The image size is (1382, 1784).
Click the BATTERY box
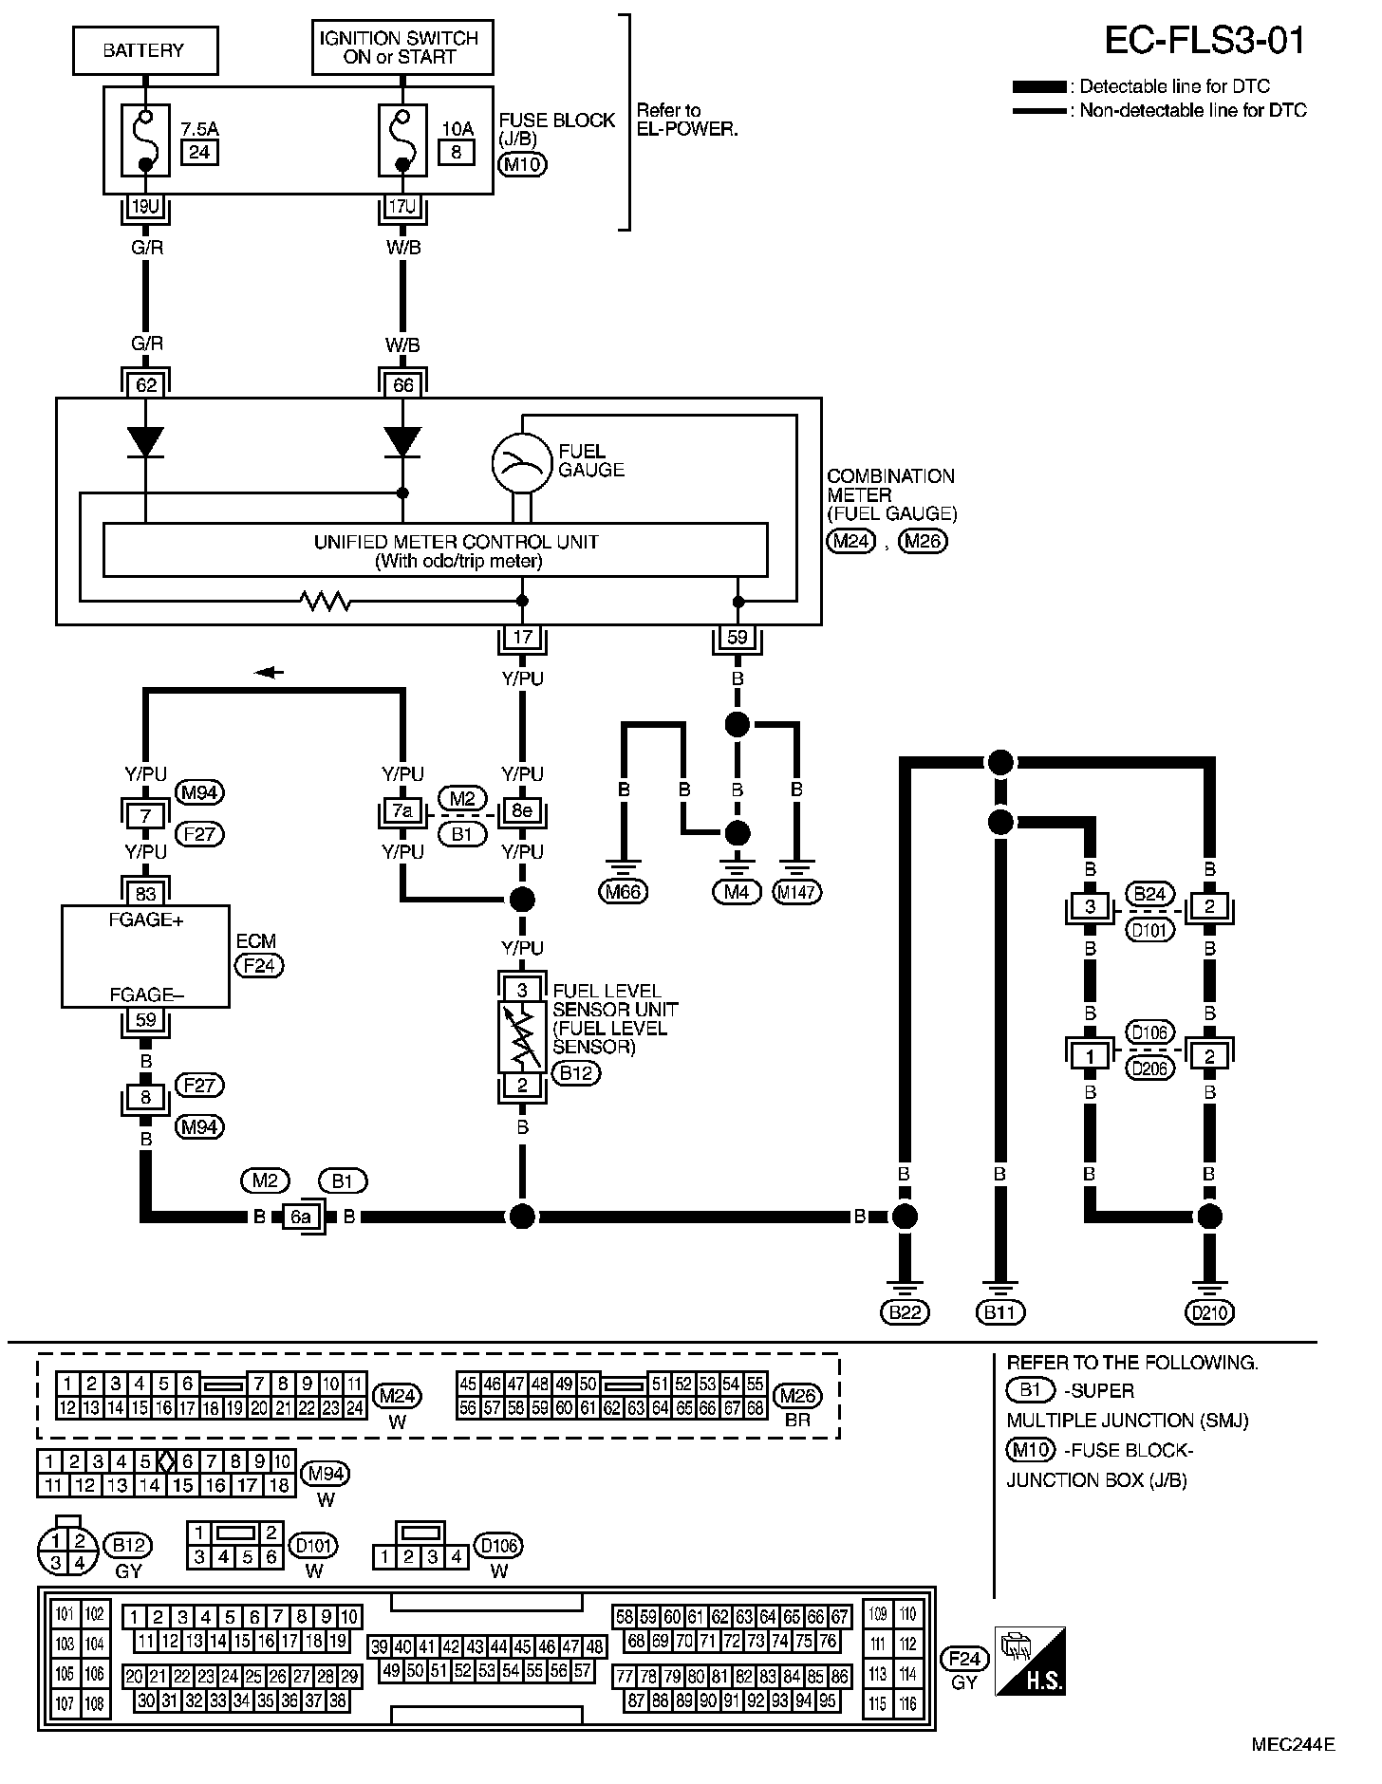145,50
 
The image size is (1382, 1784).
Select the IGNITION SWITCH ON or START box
402,48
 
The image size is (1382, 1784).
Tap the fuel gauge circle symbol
522,462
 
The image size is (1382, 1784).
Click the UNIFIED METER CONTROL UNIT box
435,549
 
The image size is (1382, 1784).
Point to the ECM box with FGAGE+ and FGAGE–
145,956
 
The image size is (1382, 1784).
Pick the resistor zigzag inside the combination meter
326,601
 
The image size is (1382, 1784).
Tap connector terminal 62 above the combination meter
145,385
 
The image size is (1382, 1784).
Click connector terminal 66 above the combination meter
402,385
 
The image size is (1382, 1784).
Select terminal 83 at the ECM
145,893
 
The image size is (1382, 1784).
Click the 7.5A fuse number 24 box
198,152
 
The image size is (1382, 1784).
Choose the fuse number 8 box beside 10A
457,152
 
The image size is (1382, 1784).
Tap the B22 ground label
905,1312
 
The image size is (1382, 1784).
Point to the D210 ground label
1208,1312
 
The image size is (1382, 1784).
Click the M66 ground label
624,891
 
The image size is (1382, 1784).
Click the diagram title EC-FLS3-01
1205,40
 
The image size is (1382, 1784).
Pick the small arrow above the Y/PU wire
271,672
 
